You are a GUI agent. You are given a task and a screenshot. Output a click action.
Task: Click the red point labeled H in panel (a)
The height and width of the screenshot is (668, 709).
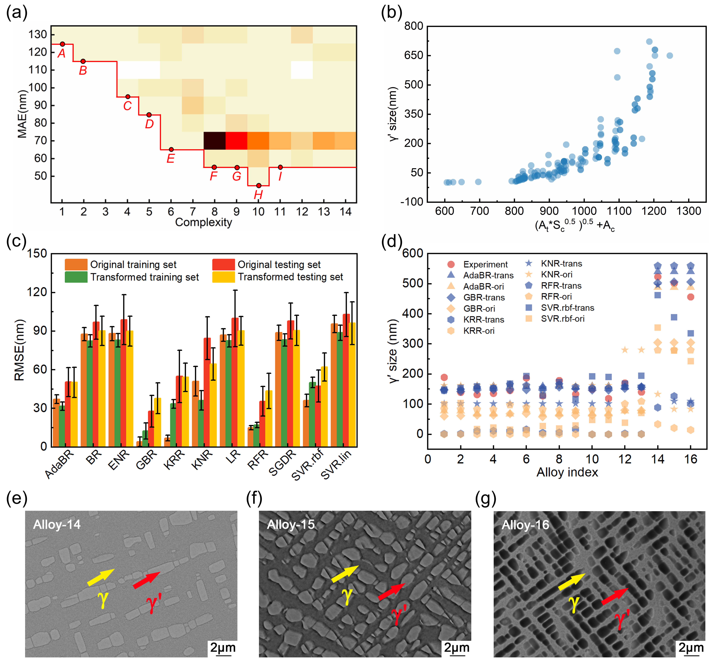[x=259, y=186]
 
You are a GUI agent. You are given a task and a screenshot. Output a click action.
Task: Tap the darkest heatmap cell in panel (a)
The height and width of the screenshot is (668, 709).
[x=214, y=141]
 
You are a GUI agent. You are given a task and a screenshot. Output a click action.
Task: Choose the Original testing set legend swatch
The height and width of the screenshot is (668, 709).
[x=223, y=264]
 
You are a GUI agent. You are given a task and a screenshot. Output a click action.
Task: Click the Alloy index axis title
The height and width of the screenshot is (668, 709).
[x=567, y=472]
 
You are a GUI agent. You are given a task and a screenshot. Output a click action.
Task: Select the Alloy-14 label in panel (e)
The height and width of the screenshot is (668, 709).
[x=57, y=524]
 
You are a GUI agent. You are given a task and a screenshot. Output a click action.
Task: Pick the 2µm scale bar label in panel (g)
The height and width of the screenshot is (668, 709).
[x=691, y=647]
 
